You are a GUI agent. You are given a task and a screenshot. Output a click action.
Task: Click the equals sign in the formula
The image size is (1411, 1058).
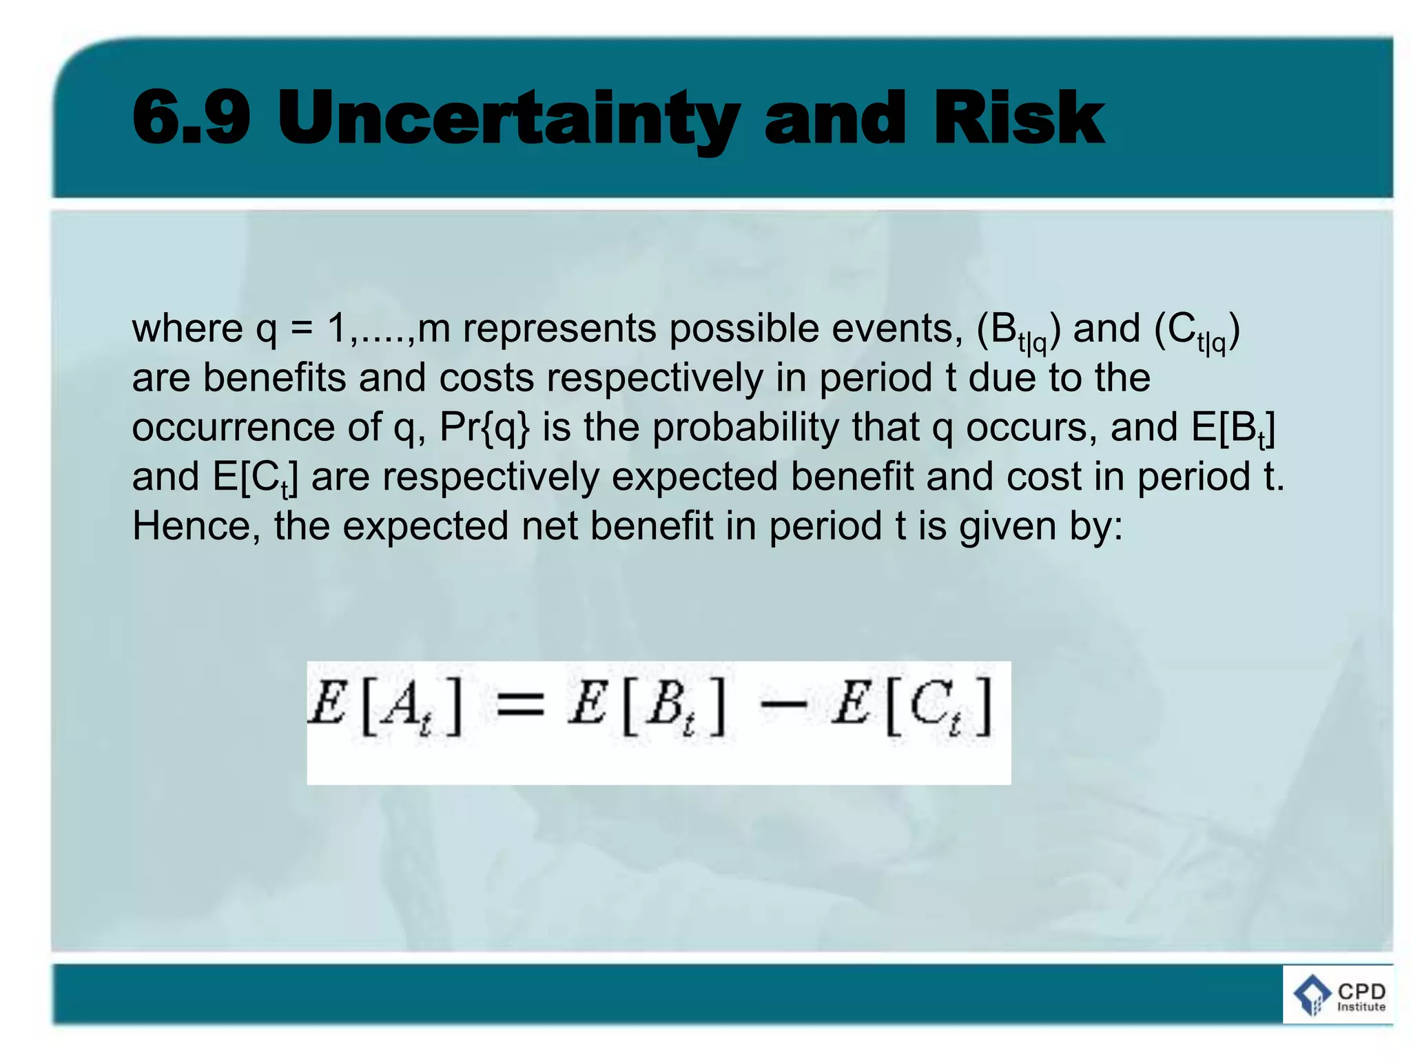(x=520, y=705)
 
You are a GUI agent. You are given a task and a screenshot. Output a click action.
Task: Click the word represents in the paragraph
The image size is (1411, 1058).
(x=559, y=329)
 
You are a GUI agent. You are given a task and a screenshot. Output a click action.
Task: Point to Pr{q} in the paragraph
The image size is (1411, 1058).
(x=484, y=428)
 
